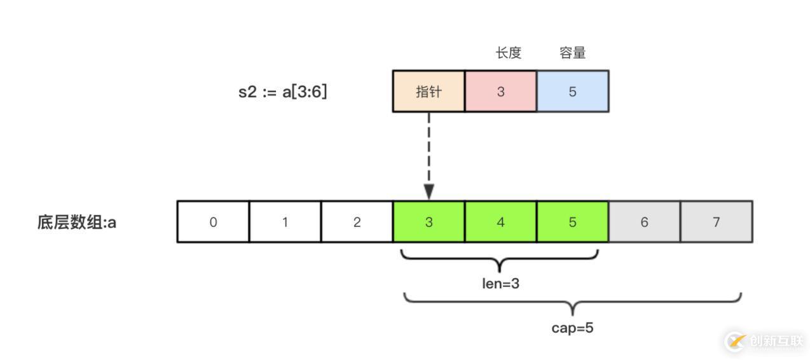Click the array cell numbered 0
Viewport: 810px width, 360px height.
(x=213, y=222)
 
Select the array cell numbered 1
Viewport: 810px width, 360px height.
(x=285, y=222)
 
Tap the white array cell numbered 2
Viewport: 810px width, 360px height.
(x=357, y=222)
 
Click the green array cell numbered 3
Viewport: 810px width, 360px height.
(x=429, y=222)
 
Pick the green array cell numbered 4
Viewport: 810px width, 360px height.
(x=500, y=222)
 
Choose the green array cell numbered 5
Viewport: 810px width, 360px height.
(x=572, y=222)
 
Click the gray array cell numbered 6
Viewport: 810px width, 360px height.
(x=644, y=222)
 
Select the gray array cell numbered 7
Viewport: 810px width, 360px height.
(x=716, y=222)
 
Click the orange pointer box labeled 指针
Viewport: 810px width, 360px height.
(x=429, y=92)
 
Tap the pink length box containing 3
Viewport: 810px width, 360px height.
(x=500, y=92)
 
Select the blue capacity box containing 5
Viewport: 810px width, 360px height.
(x=572, y=92)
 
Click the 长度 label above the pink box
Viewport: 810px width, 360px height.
(x=508, y=53)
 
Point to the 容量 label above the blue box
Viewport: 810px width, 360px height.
(x=572, y=53)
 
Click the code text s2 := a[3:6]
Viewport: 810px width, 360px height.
(x=283, y=92)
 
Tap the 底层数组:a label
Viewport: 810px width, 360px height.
(x=77, y=223)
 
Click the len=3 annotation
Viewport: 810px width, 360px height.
(x=500, y=284)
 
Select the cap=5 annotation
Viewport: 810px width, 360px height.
(x=572, y=328)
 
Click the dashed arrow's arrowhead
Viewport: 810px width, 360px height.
(x=429, y=191)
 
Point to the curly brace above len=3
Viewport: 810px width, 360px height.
(x=500, y=260)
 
